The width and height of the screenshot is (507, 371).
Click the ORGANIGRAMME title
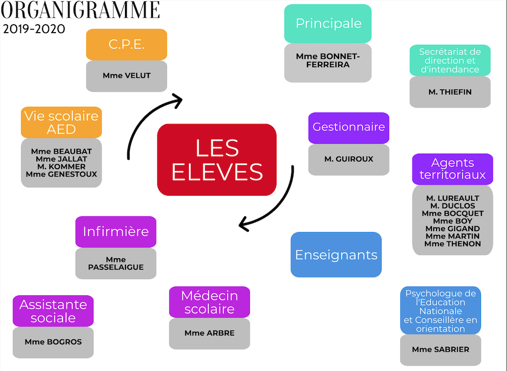pyautogui.click(x=81, y=10)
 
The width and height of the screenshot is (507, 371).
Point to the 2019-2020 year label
pyautogui.click(x=34, y=29)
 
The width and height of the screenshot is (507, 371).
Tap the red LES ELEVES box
pyautogui.click(x=217, y=160)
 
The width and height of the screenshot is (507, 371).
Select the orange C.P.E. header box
pyautogui.click(x=126, y=44)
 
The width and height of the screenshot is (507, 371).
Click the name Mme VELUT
pyautogui.click(x=126, y=76)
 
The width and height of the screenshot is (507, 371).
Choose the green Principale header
pyautogui.click(x=328, y=23)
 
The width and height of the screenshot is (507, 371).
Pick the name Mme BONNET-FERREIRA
pyautogui.click(x=328, y=61)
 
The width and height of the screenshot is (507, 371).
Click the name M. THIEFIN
pyautogui.click(x=450, y=92)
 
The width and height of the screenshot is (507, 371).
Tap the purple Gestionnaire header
pyautogui.click(x=348, y=127)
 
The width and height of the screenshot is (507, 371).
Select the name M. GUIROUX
pyautogui.click(x=348, y=159)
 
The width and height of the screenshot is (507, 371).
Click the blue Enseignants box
pyautogui.click(x=336, y=254)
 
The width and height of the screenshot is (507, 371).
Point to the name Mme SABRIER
pyautogui.click(x=440, y=349)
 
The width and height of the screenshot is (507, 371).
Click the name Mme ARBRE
pyautogui.click(x=209, y=333)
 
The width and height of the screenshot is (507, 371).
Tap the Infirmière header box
pyautogui.click(x=116, y=231)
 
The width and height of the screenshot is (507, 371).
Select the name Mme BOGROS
pyautogui.click(x=53, y=342)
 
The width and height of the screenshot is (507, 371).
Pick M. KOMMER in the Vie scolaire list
pyautogui.click(x=62, y=166)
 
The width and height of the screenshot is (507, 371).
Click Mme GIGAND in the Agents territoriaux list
pyautogui.click(x=452, y=228)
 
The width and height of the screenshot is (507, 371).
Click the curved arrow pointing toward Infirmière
pyautogui.click(x=275, y=205)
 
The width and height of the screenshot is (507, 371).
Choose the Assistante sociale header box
pyautogui.click(x=53, y=311)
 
